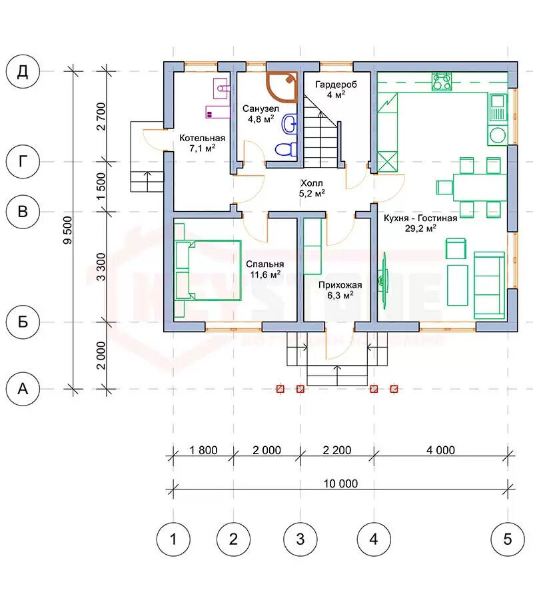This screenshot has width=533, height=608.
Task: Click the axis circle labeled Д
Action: pos(23,72)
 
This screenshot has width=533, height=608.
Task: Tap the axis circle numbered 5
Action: pos(508,539)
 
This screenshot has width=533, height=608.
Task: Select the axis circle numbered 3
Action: pos(300,539)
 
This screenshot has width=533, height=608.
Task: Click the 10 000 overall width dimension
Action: pos(340,483)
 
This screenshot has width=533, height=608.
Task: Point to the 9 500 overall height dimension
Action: pos(67,230)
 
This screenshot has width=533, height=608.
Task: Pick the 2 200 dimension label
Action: pos(336,450)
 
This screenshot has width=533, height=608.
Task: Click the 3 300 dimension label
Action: pos(101,267)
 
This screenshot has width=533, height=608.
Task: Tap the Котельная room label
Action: pos(202,138)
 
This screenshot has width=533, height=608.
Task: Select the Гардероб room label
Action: pos(336,85)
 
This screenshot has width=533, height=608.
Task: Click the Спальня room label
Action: pos(265,264)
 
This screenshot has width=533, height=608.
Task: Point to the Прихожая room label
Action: pos(340,285)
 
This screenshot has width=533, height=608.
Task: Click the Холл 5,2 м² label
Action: pos(312,188)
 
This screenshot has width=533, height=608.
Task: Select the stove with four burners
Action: pos(442,81)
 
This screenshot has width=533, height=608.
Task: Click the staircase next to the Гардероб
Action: pos(322,131)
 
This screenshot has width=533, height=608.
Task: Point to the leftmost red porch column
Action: pos(280,388)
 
